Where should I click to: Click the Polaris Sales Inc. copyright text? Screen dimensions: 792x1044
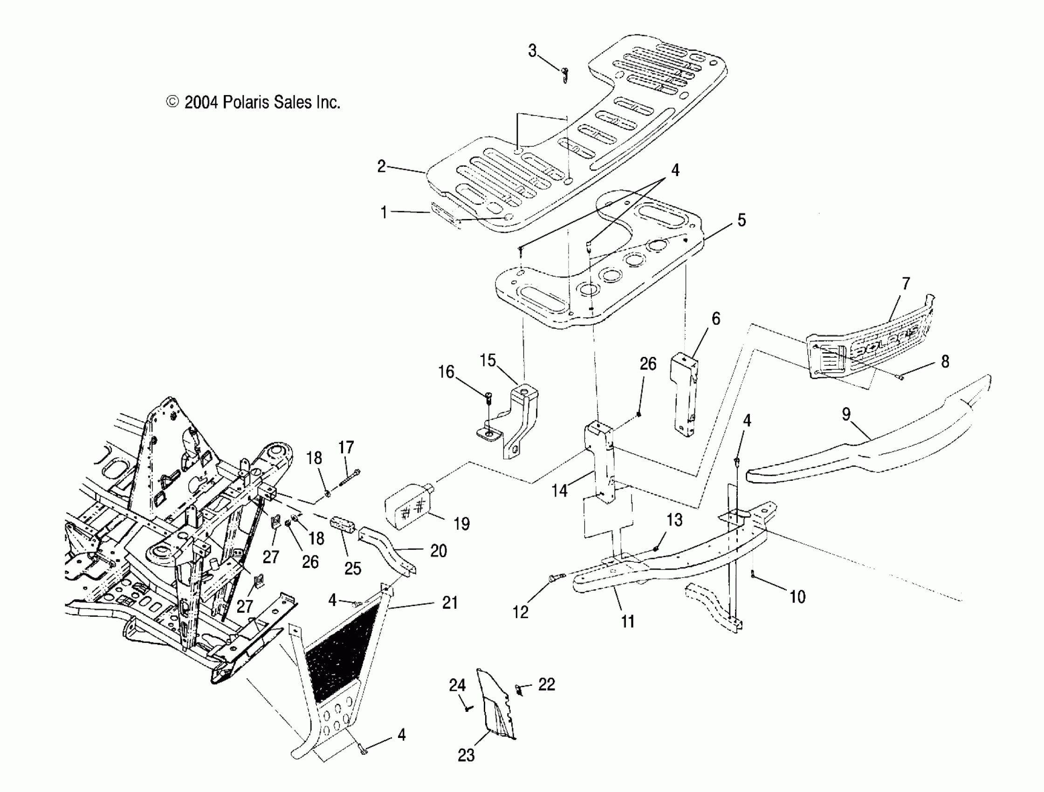[254, 102]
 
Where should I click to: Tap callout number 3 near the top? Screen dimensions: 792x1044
[532, 51]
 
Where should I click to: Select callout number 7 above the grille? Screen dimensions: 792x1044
[906, 284]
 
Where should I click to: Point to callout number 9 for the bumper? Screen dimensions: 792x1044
[846, 414]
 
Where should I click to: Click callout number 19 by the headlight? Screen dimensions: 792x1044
[461, 524]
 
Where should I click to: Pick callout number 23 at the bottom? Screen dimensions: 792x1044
[466, 755]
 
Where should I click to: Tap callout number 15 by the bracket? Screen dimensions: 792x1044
[488, 361]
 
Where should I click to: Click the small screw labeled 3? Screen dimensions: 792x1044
[565, 74]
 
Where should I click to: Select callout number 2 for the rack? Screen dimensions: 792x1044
[381, 166]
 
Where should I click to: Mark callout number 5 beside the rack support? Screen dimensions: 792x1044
[742, 220]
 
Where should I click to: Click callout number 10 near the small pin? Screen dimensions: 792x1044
[797, 597]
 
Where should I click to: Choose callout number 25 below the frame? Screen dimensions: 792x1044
[352, 568]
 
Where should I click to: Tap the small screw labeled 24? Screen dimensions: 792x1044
[467, 709]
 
